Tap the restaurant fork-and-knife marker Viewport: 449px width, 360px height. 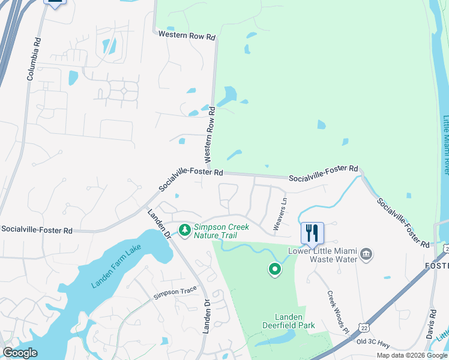coord(312,233)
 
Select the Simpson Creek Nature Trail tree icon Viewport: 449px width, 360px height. coord(185,229)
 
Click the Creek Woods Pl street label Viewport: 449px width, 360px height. coord(338,313)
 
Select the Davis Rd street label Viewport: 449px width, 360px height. coord(432,325)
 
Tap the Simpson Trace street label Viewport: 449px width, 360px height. coord(175,292)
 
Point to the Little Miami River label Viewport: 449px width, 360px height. coord(445,145)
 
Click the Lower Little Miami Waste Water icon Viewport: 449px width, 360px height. coord(366,255)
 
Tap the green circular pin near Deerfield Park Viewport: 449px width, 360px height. coord(275,270)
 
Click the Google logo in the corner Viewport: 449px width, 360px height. coord(20,353)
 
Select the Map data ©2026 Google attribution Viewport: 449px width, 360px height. coord(412,355)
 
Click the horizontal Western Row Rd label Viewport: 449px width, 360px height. coord(187,37)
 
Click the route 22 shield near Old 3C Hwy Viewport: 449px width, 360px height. coord(363,326)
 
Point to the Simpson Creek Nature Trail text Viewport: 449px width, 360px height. coord(221,230)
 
